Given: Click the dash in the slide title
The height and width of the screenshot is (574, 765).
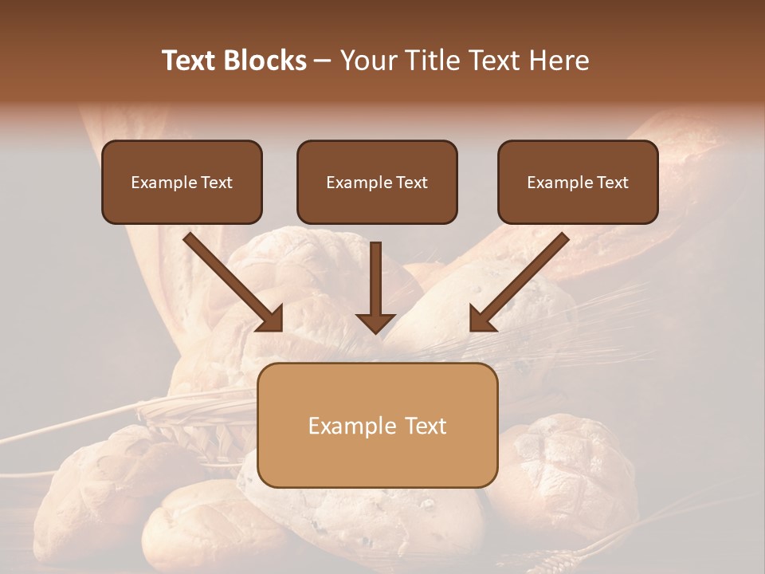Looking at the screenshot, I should [323, 61].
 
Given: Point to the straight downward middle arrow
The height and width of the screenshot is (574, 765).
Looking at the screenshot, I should [375, 279].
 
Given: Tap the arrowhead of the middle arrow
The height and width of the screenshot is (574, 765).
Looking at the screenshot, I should [375, 321].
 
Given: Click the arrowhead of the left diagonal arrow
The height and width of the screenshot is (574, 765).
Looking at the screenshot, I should [271, 319].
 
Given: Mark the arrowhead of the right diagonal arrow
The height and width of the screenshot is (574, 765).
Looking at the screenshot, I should [481, 319].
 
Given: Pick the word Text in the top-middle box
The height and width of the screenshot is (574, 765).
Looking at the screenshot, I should [411, 183].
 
